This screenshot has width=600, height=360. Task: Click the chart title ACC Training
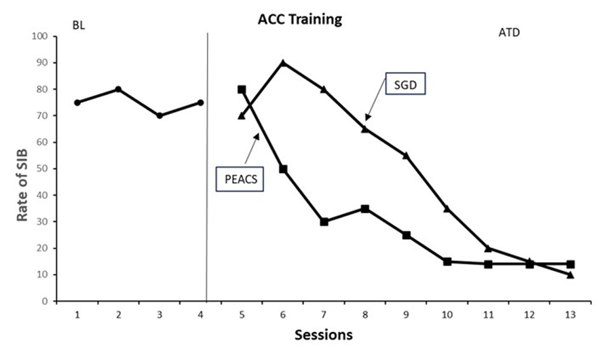pos(299,19)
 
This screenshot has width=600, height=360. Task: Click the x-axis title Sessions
pos(323,335)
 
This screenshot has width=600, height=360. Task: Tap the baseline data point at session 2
pos(118,89)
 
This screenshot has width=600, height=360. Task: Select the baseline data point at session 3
pos(160,115)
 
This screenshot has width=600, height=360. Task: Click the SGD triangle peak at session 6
pos(283,62)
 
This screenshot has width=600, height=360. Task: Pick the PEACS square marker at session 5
pos(242,89)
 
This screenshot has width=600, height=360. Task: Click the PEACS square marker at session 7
pos(324,221)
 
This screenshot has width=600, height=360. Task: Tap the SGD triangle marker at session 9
pos(406,156)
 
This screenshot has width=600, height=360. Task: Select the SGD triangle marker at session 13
pos(570,274)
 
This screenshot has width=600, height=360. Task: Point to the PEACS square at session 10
pos(447,262)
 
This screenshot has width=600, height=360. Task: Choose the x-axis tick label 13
pos(570,314)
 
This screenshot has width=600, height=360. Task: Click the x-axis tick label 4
pos(201,314)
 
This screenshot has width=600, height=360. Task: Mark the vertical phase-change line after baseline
pos(206,170)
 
